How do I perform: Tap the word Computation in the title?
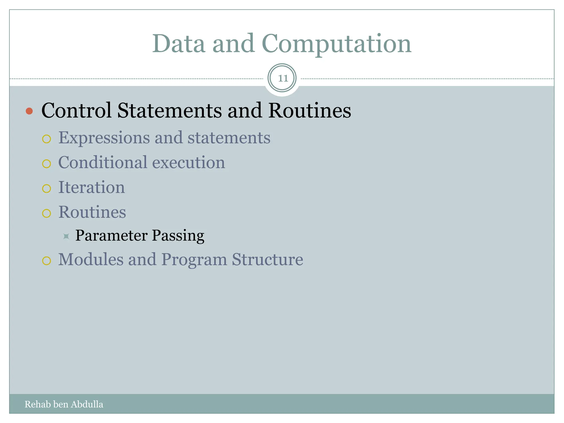point(336,44)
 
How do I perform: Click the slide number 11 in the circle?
point(283,78)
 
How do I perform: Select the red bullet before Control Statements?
point(29,111)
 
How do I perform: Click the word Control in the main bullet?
point(76,111)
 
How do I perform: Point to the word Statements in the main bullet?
point(169,111)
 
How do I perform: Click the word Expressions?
point(104,138)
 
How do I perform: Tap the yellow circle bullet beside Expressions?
point(47,139)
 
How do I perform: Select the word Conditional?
point(103,162)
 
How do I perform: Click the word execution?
point(189,162)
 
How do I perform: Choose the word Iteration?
point(91,187)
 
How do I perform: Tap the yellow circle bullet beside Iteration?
point(47,189)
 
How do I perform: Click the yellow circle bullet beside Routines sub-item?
point(47,213)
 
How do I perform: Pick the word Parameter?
point(111,236)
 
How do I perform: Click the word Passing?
point(178,236)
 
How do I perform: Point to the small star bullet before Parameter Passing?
point(66,236)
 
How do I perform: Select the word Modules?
point(91,259)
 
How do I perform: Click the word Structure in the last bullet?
point(267,259)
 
